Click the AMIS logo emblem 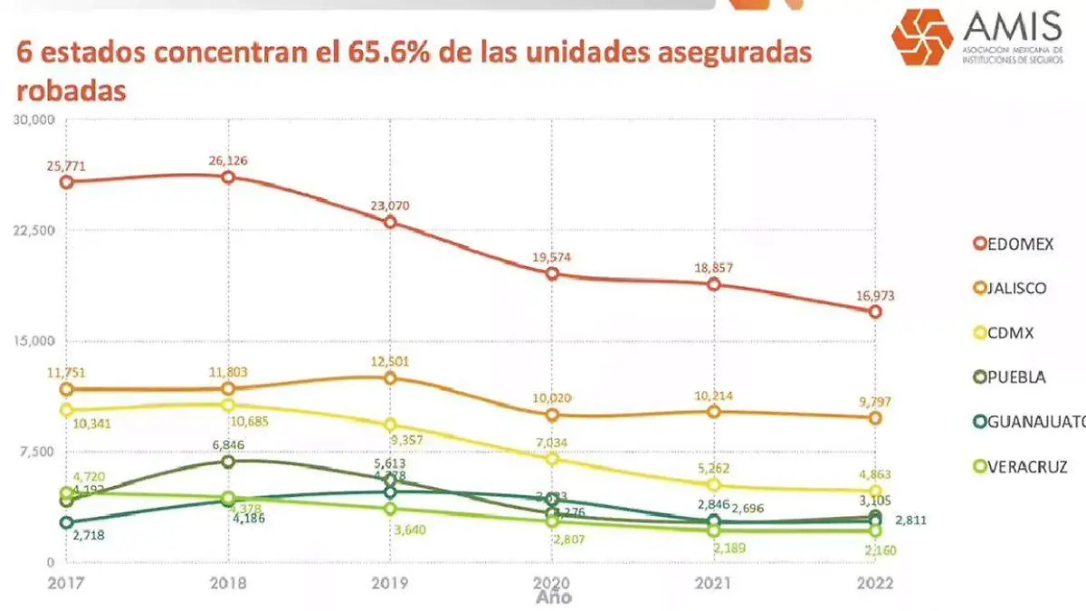(x=922, y=38)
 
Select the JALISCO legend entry (x=1009, y=288)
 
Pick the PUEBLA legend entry (x=1009, y=377)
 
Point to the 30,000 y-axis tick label (x=37, y=119)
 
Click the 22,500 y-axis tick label (x=37, y=231)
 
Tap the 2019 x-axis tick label (x=390, y=584)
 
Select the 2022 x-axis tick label (x=874, y=584)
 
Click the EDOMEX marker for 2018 (x=228, y=177)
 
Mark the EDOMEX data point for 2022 (x=875, y=311)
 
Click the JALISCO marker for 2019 (x=390, y=377)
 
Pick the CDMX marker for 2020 (x=552, y=459)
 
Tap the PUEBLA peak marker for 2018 (x=228, y=462)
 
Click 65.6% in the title (x=394, y=53)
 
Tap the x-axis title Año (x=553, y=597)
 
